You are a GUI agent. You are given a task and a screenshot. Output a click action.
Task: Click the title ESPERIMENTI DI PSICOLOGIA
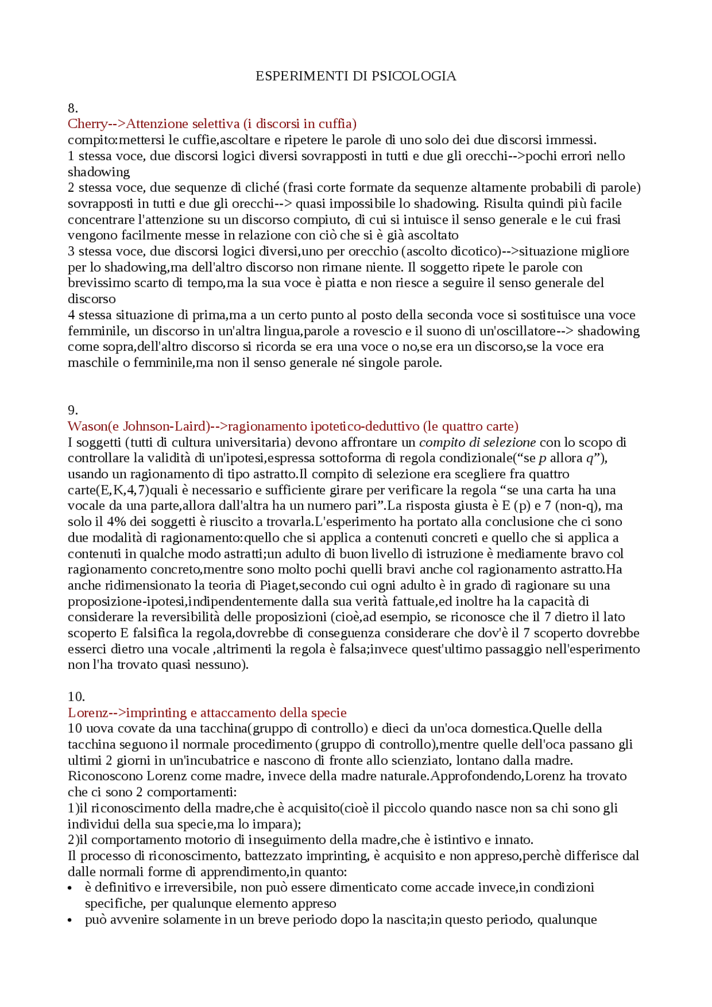355,76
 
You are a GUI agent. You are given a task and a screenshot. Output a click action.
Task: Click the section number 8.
73,108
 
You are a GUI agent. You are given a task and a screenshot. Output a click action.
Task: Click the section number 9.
73,410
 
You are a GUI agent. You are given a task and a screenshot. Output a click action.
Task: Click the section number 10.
76,697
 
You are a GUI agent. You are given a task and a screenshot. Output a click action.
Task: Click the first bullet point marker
70,889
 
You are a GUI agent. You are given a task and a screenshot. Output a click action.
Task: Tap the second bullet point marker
70,920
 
